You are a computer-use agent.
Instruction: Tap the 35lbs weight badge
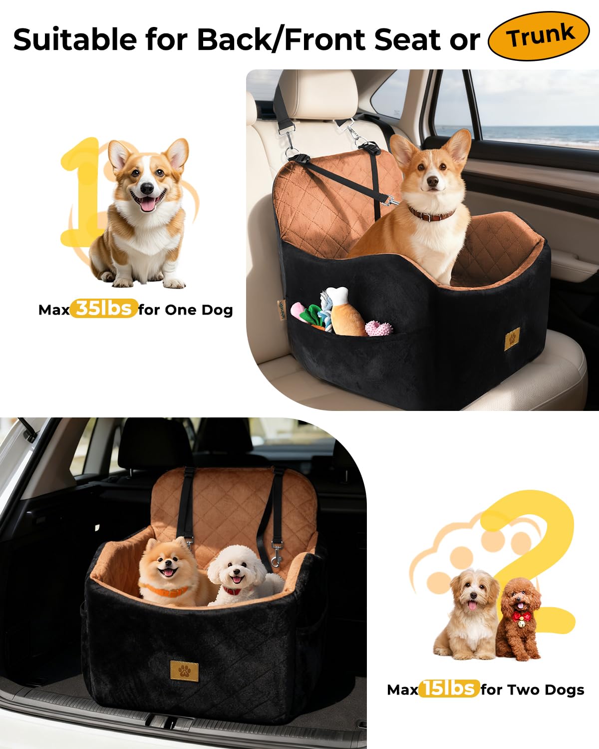point(104,309)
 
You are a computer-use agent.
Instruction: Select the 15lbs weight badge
point(449,689)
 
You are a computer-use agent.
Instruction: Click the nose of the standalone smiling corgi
point(147,189)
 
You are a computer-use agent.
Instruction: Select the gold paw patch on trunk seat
point(184,671)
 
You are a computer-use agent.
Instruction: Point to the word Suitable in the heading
point(75,39)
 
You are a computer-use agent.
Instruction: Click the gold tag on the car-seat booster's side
point(512,340)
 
